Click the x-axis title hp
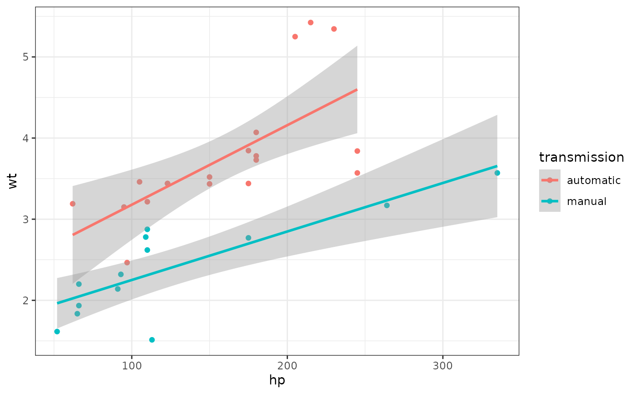click(x=277, y=380)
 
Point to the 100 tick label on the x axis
click(x=132, y=366)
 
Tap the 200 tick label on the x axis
click(x=287, y=366)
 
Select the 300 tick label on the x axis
click(x=442, y=366)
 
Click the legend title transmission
click(x=581, y=158)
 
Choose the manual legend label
click(x=587, y=201)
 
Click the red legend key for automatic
click(x=550, y=180)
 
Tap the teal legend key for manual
click(x=550, y=201)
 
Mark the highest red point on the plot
click(x=310, y=22)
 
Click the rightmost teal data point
click(x=497, y=173)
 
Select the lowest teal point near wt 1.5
click(x=152, y=340)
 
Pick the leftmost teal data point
click(x=57, y=332)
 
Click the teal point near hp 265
click(x=387, y=205)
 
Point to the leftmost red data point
click(x=72, y=204)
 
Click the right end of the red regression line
click(x=357, y=90)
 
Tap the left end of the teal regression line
click(x=57, y=303)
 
